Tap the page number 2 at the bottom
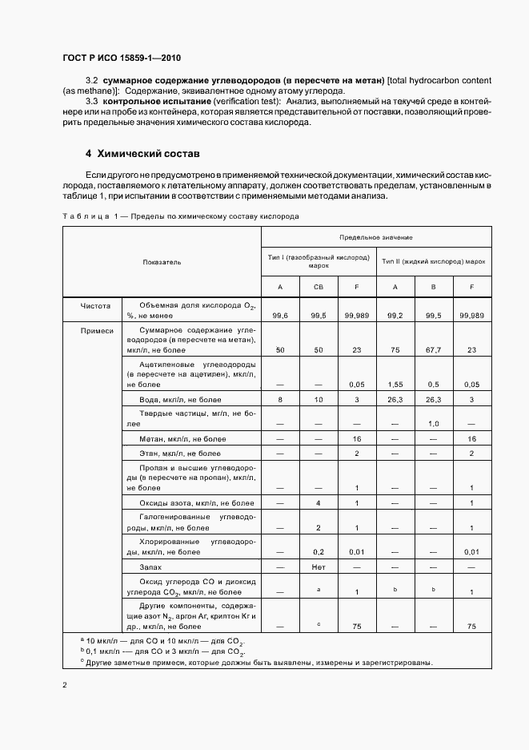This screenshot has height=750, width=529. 65,685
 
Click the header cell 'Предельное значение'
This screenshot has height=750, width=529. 376,238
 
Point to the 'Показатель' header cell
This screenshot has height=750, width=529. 162,262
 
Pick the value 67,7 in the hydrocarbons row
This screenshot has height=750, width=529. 431,350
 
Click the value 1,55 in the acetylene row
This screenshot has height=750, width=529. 395,384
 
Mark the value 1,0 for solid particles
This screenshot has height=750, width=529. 431,424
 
